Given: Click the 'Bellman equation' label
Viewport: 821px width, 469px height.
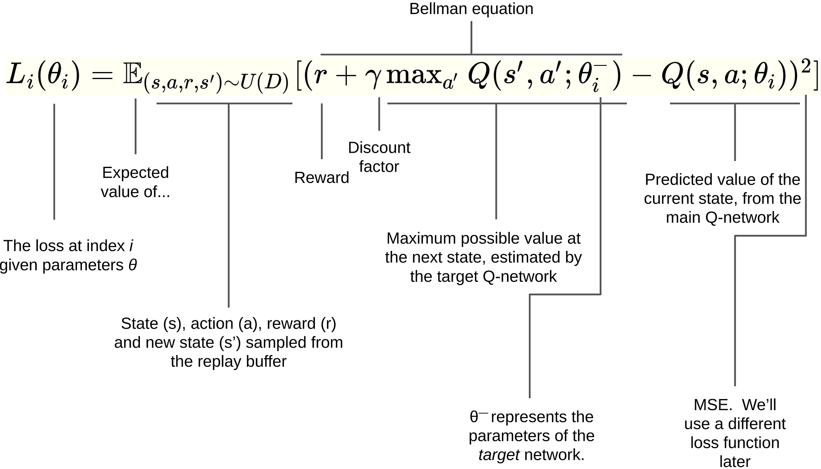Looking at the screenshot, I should [471, 9].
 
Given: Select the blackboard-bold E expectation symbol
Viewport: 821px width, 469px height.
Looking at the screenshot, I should [133, 76].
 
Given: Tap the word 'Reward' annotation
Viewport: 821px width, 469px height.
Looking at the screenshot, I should [322, 178].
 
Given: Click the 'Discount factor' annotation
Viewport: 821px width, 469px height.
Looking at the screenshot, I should [379, 157].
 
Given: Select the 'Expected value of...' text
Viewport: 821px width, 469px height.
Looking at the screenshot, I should [135, 182].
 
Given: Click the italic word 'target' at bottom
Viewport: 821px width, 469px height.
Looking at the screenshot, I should [499, 455].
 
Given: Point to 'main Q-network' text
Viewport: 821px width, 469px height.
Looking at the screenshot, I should [722, 217].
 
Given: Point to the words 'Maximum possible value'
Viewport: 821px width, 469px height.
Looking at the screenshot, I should [468, 238].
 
